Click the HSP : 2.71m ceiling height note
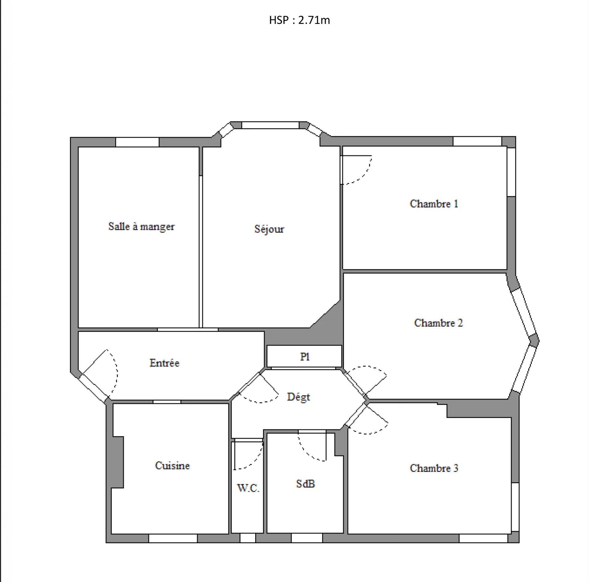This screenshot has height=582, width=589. point(299,20)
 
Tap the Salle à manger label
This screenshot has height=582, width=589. point(141,226)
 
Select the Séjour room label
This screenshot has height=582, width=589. point(269,229)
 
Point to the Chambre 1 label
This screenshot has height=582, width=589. point(434,204)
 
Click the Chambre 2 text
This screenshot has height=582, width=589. point(438,323)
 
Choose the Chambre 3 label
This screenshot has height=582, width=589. point(434,468)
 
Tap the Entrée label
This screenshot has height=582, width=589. point(164,363)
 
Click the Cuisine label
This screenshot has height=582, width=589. point(172,465)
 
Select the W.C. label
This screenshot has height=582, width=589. point(248,488)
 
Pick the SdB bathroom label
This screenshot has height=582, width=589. point(306,484)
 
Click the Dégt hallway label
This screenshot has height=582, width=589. point(298,397)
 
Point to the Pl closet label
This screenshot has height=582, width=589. point(305,357)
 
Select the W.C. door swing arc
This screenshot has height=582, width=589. point(256,462)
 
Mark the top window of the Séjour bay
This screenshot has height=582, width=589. point(270,125)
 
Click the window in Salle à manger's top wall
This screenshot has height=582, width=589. point(137,142)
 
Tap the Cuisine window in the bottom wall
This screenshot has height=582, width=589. point(173,538)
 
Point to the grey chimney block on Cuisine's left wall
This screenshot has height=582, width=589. point(117,462)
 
